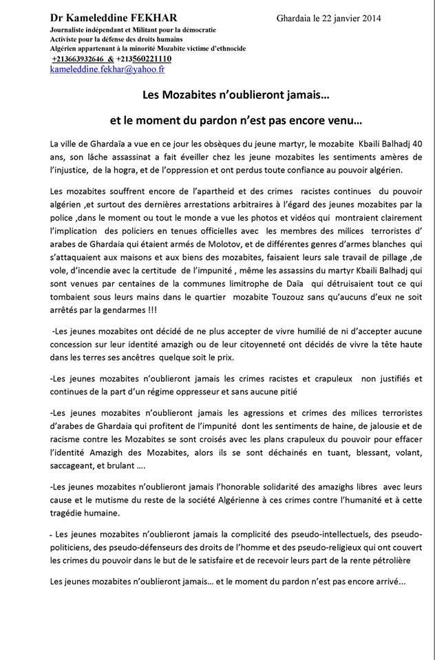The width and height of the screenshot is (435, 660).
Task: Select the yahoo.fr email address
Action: coord(107,69)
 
